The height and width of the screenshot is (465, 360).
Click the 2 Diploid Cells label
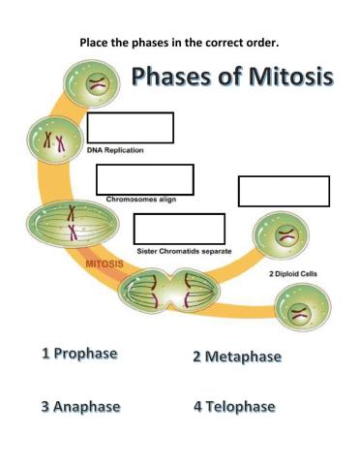click(x=292, y=274)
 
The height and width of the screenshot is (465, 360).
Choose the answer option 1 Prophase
click(x=80, y=355)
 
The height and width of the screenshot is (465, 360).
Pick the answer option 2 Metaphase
click(x=236, y=356)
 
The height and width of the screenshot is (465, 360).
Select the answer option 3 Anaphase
click(x=80, y=407)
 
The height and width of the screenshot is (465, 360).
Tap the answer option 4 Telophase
click(x=234, y=407)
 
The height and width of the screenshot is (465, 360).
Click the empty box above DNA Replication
click(x=130, y=128)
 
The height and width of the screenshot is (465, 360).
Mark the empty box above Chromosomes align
click(x=144, y=179)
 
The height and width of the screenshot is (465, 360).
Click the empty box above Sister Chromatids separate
click(x=179, y=229)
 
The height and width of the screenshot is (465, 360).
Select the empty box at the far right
click(x=284, y=191)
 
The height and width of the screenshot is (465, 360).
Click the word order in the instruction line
click(x=274, y=42)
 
